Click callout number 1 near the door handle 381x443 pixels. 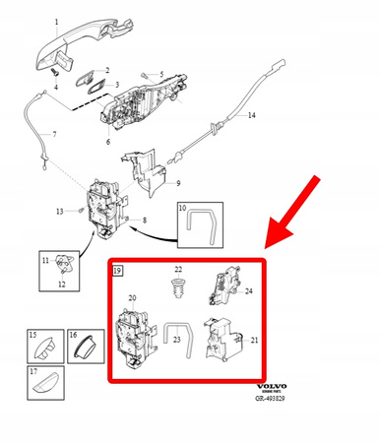tap(55, 21)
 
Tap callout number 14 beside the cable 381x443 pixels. tap(250, 116)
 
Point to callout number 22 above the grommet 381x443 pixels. tap(178, 270)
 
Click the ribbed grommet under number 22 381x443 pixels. tap(178, 290)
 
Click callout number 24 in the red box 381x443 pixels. tap(249, 291)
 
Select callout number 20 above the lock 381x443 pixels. tap(133, 296)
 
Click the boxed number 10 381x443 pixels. tap(183, 209)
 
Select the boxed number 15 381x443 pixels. tap(32, 336)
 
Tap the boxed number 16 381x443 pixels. tap(73, 336)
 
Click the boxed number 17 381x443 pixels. tap(32, 372)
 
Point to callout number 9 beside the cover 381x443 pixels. tap(177, 184)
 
